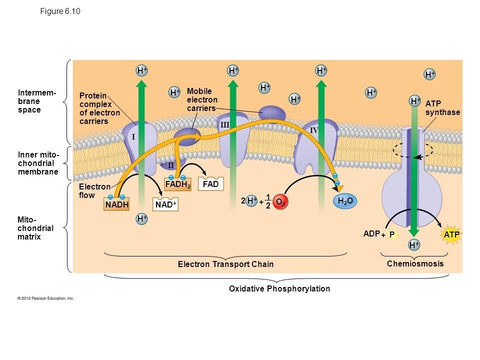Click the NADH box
[117, 205]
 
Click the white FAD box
[211, 184]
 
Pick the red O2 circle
[281, 201]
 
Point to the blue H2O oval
[345, 201]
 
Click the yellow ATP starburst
[451, 234]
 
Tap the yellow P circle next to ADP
[392, 234]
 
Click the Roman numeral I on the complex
[133, 136]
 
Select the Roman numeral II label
[170, 165]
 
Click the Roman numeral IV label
[314, 130]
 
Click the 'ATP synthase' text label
[442, 108]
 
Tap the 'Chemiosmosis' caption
[415, 263]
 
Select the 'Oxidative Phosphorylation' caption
[279, 288]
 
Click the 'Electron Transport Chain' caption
[226, 264]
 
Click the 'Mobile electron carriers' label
[202, 99]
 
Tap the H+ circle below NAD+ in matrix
[142, 219]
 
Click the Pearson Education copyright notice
[46, 298]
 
